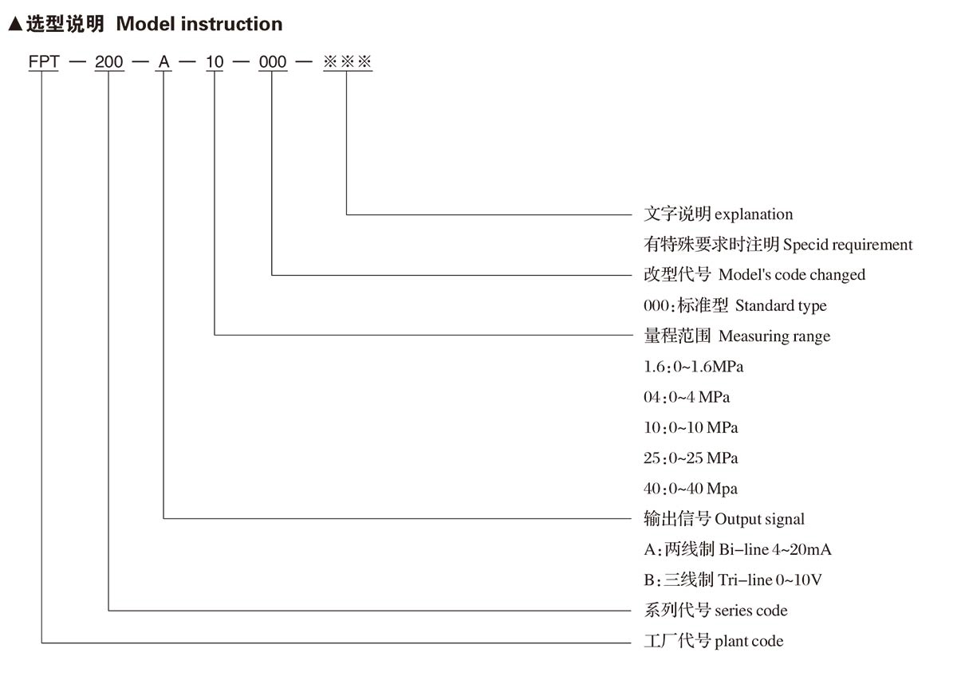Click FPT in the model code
pyautogui.click(x=44, y=62)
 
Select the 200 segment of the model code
pyautogui.click(x=109, y=62)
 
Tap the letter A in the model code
pyautogui.click(x=164, y=62)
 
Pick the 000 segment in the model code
pyautogui.click(x=273, y=62)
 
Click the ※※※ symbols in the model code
pyautogui.click(x=348, y=61)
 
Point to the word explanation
pyautogui.click(x=754, y=214)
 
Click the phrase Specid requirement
pyautogui.click(x=848, y=245)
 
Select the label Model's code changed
pyautogui.click(x=792, y=274)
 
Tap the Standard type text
pyautogui.click(x=781, y=306)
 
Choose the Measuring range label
pyautogui.click(x=774, y=336)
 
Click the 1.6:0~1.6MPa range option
pyautogui.click(x=693, y=367)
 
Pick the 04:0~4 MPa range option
pyautogui.click(x=687, y=397)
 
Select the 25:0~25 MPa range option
pyautogui.click(x=691, y=458)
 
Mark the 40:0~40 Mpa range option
pyautogui.click(x=691, y=489)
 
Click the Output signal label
pyautogui.click(x=759, y=519)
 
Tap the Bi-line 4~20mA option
pyautogui.click(x=775, y=549)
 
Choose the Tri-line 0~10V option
pyautogui.click(x=770, y=580)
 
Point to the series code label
pyautogui.click(x=751, y=611)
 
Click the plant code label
pyautogui.click(x=749, y=642)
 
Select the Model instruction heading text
pyautogui.click(x=199, y=24)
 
